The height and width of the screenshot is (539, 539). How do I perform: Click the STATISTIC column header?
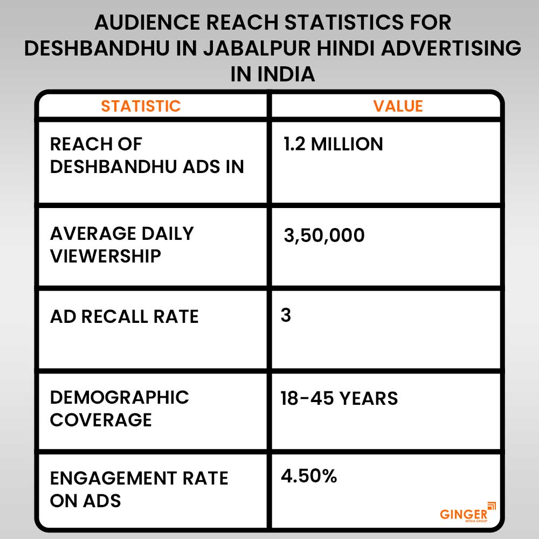(x=141, y=106)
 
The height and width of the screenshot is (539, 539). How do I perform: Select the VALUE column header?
(x=398, y=106)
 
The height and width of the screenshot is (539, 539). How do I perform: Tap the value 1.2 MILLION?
(x=333, y=144)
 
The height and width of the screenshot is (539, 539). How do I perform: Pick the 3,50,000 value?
(x=324, y=235)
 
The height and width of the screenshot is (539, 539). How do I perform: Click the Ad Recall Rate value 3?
(x=286, y=315)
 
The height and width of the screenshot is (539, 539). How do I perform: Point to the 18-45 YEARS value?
(x=339, y=398)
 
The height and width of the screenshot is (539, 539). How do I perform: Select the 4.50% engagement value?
(x=308, y=476)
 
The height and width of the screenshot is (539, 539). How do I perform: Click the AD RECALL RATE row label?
(x=125, y=316)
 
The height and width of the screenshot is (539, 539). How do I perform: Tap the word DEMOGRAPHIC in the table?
(x=120, y=397)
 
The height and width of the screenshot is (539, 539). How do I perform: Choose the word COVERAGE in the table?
(x=101, y=420)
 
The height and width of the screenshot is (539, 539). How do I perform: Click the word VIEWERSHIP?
(x=106, y=256)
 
